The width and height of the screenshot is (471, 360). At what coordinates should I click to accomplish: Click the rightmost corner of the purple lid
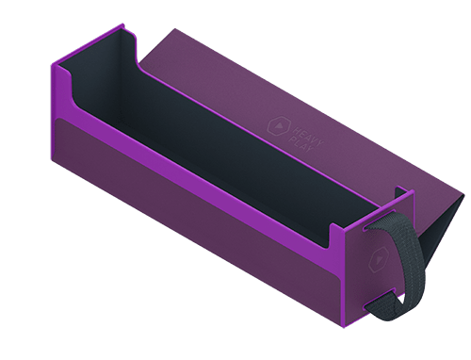[x=464, y=196]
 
